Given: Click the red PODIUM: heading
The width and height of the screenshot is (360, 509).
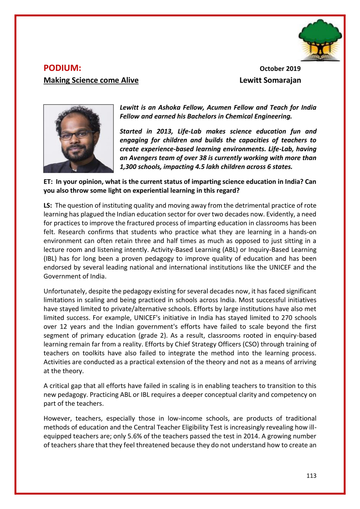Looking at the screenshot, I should pyautogui.click(x=62, y=68).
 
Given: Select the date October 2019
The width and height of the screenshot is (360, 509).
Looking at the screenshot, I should pyautogui.click(x=280, y=69).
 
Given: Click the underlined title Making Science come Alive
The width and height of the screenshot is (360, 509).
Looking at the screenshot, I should pyautogui.click(x=91, y=80).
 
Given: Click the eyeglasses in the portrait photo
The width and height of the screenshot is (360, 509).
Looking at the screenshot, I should pyautogui.click(x=77, y=135).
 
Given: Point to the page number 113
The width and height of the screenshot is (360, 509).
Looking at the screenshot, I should pyautogui.click(x=311, y=476).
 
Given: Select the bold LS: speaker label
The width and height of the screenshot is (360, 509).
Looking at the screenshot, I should pyautogui.click(x=48, y=206).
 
